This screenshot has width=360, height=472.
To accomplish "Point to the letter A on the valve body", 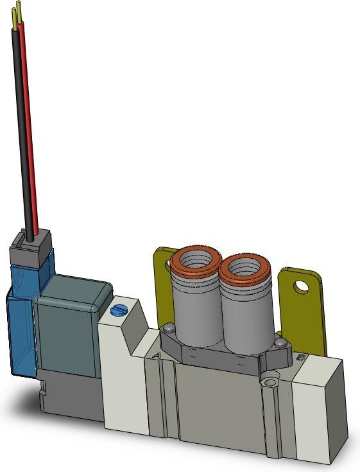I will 157,354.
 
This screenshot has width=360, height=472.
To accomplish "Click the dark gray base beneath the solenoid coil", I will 71,398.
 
